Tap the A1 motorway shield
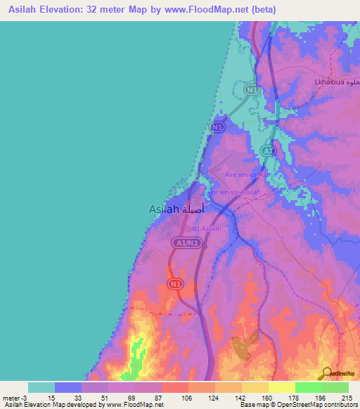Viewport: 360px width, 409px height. click(x=267, y=150)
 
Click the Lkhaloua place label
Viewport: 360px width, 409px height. click(x=327, y=82)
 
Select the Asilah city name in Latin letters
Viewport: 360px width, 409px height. click(x=164, y=209)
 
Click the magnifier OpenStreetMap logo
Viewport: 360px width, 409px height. click(x=326, y=372)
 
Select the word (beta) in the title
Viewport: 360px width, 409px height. click(x=262, y=10)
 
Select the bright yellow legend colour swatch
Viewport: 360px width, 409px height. click(x=281, y=387)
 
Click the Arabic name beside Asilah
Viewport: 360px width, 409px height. click(x=194, y=209)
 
